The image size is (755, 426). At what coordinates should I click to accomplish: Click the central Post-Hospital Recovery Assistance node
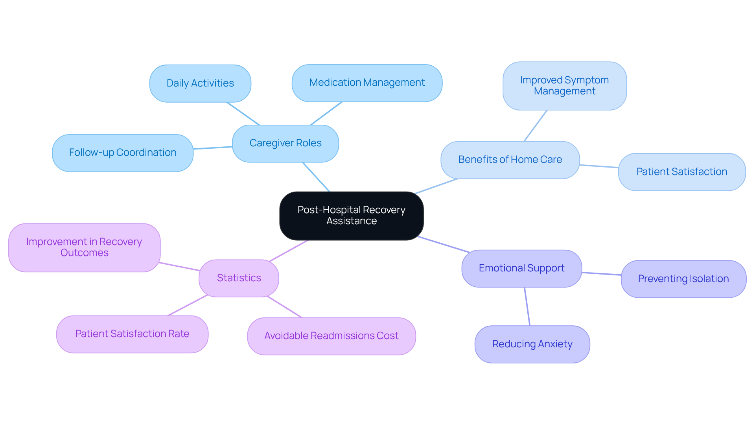click(x=351, y=216)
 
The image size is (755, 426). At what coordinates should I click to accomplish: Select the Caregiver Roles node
click(x=285, y=143)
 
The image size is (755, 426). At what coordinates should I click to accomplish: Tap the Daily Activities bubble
click(x=200, y=83)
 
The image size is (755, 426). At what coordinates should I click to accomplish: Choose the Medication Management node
click(x=366, y=83)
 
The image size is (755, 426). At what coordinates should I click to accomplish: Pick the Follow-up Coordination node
click(x=122, y=153)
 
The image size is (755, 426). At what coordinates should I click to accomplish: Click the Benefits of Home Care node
click(x=510, y=160)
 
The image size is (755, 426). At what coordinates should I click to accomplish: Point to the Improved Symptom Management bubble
click(x=564, y=86)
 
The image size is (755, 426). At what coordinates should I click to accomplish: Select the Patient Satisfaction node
click(x=681, y=172)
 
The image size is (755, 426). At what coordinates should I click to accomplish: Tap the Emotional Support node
click(x=521, y=268)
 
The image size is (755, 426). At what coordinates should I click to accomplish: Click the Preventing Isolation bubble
click(x=683, y=279)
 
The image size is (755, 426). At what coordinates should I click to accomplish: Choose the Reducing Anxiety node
click(x=532, y=344)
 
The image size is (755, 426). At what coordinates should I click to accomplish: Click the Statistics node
click(x=239, y=278)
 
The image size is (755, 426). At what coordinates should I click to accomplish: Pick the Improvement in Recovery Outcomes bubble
click(x=84, y=247)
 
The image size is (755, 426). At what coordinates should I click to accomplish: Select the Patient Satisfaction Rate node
click(x=132, y=334)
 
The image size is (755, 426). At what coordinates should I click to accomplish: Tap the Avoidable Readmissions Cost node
click(x=331, y=336)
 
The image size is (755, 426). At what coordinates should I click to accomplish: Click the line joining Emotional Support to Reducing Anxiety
click(x=527, y=306)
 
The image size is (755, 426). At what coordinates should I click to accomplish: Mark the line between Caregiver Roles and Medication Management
click(x=326, y=113)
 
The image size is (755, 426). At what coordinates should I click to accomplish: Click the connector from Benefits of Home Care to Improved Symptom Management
click(x=535, y=126)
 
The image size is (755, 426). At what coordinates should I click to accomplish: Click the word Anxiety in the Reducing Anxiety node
click(x=555, y=344)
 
